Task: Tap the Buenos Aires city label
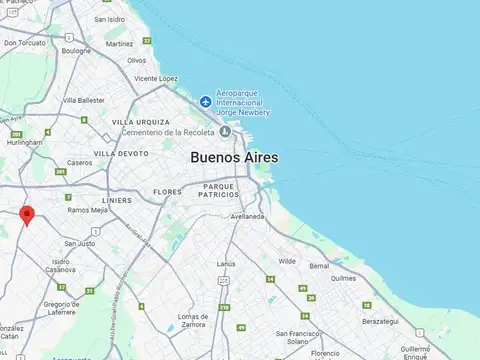pos(234,158)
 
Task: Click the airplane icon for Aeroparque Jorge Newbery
pos(206,101)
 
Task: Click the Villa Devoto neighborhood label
pos(121,153)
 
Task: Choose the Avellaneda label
pos(246,216)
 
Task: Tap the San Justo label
pos(80,243)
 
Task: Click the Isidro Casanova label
pos(60,267)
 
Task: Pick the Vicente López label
pos(156,78)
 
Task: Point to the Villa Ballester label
pos(83,100)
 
